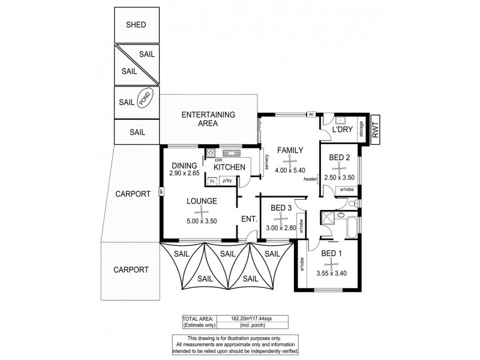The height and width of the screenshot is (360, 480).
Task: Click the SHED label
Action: click(x=136, y=25)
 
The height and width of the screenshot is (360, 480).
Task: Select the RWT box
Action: click(x=376, y=129)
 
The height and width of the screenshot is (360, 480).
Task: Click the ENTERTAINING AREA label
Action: click(x=208, y=119)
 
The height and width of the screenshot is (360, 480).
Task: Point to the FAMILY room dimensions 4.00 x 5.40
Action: click(x=290, y=170)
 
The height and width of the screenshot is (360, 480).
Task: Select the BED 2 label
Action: click(x=340, y=158)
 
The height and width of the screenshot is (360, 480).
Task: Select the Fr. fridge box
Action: click(x=212, y=181)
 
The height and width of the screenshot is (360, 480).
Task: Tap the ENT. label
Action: click(x=250, y=219)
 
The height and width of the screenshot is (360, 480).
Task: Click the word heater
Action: click(x=310, y=179)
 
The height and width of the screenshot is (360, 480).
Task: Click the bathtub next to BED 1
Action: click(x=352, y=228)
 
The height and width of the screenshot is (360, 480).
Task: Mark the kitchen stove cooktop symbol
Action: click(x=210, y=152)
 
